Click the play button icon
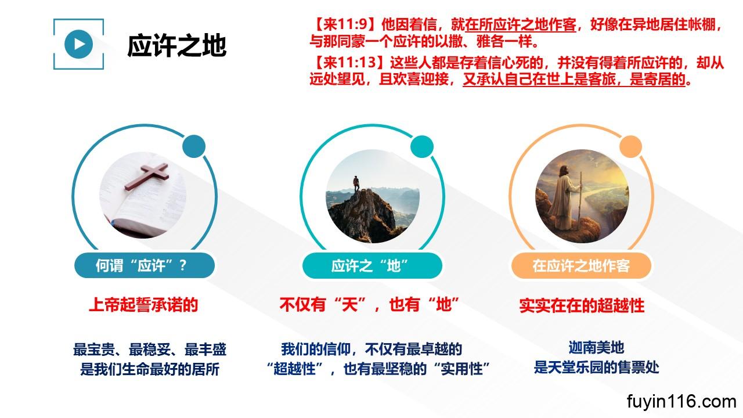(78, 44)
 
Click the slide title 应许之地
(177, 45)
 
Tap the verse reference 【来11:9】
(345, 24)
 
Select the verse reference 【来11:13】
(349, 62)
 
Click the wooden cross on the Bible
(147, 176)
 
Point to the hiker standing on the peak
(356, 184)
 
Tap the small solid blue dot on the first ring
(194, 146)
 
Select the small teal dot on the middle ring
(422, 146)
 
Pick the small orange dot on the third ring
(630, 146)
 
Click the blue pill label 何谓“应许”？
(145, 265)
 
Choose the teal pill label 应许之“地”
(372, 265)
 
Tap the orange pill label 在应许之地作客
(581, 265)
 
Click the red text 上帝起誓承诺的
(143, 305)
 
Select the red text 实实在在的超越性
(582, 305)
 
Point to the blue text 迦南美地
(596, 347)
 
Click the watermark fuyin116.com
(681, 401)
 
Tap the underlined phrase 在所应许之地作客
(521, 24)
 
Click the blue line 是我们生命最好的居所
(150, 369)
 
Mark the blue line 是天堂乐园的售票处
(596, 367)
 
